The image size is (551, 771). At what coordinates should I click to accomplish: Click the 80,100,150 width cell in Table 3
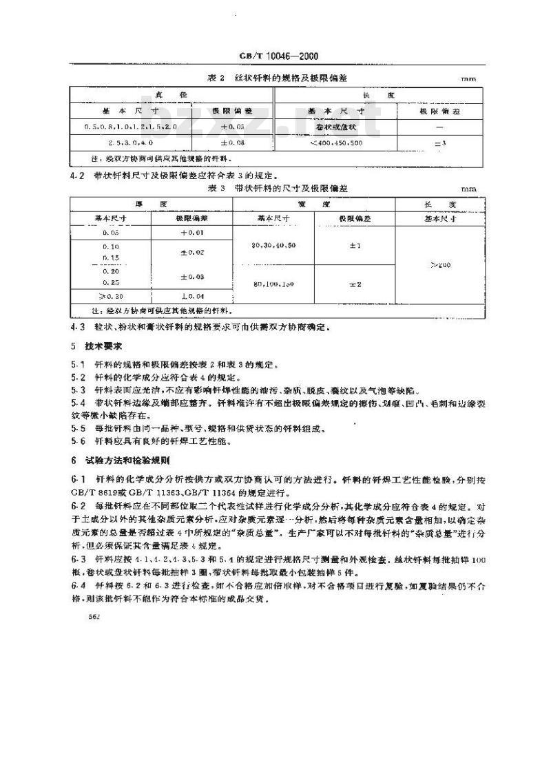(x=274, y=284)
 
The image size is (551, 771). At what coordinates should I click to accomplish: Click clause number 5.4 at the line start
(x=78, y=401)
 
